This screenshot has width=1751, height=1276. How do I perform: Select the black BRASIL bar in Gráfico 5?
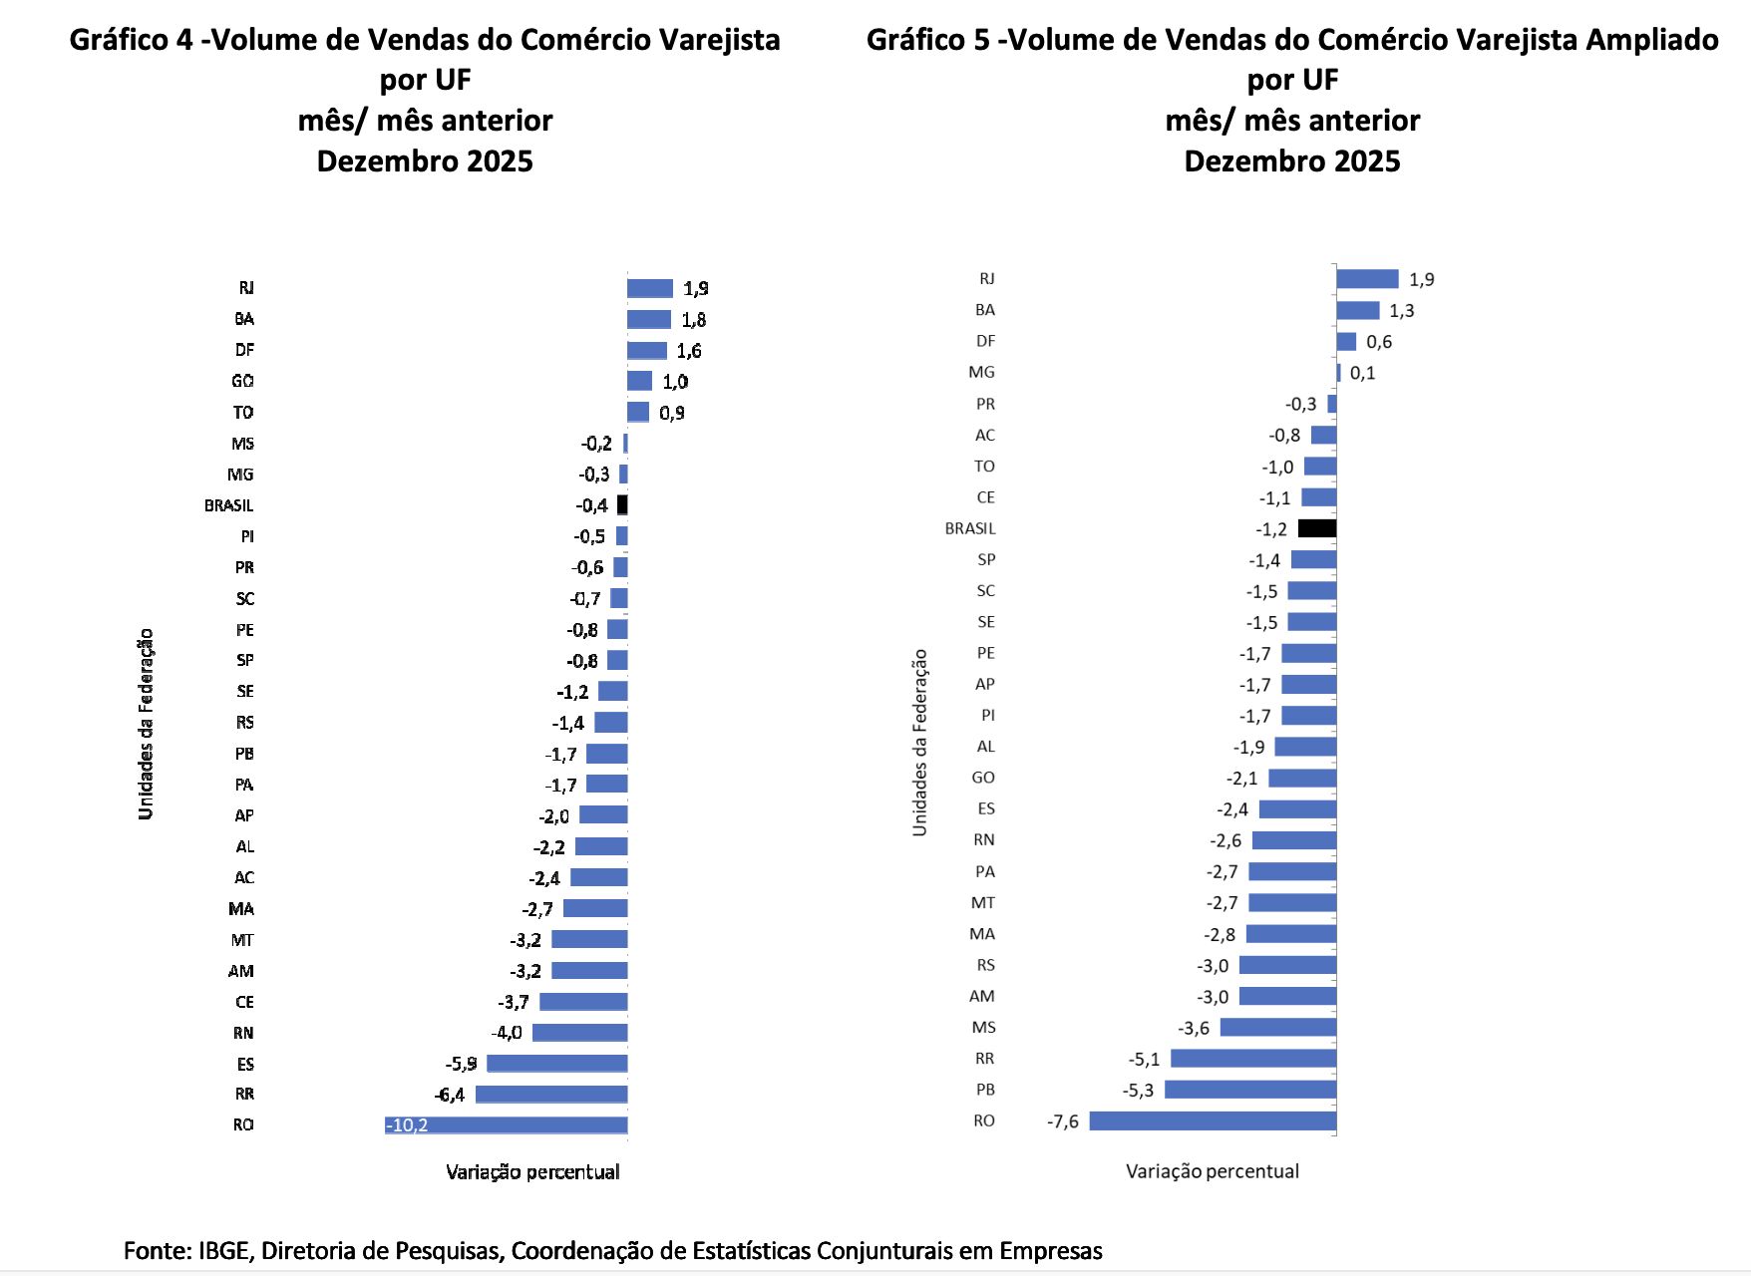tap(1316, 528)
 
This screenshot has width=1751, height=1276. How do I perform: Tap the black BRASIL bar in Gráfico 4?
tap(622, 505)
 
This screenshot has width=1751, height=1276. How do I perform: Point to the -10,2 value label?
tap(407, 1125)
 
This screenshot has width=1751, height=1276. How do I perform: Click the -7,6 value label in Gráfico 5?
tap(1062, 1121)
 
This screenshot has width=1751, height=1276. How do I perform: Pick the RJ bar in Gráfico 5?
tap(1367, 279)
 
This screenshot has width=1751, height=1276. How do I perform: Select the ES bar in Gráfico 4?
tap(556, 1064)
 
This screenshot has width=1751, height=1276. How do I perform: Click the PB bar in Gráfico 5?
tap(1249, 1090)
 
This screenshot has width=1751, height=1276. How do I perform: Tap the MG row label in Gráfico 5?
tap(981, 372)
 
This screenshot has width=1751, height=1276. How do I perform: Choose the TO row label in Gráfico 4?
tap(243, 413)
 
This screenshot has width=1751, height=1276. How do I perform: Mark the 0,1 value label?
tap(1362, 373)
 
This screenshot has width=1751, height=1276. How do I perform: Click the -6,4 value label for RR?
tap(450, 1095)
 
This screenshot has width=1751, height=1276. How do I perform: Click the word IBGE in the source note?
tap(226, 1250)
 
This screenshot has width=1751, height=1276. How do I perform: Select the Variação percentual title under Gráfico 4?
tap(532, 1172)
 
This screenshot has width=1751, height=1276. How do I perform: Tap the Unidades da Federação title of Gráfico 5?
tap(919, 743)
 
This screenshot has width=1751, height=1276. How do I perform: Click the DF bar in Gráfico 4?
tap(646, 351)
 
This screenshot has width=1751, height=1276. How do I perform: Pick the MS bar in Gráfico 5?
tap(1277, 1027)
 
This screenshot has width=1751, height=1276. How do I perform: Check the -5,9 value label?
tap(461, 1064)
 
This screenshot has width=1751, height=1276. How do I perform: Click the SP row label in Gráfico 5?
tap(986, 560)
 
